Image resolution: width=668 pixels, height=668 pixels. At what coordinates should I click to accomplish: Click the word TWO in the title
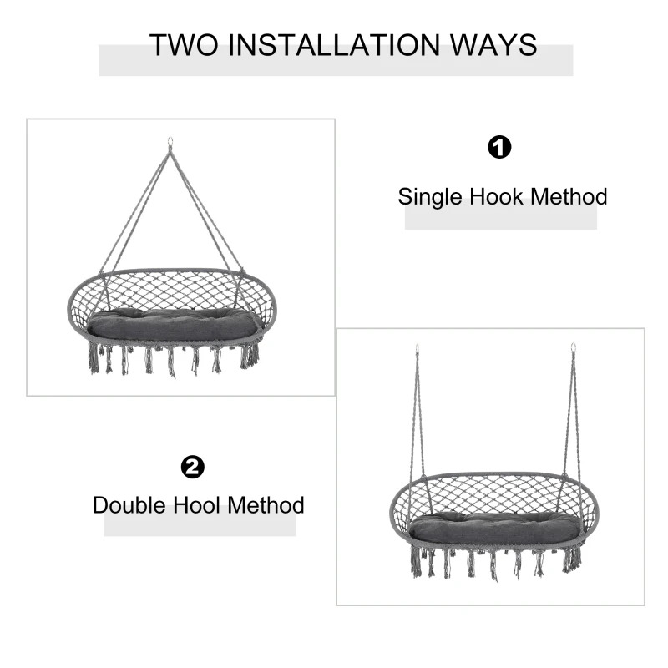[x=184, y=45]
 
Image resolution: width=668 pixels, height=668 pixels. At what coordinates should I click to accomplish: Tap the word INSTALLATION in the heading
[x=334, y=45]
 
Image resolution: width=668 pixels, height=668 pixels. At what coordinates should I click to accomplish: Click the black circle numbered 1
[x=499, y=147]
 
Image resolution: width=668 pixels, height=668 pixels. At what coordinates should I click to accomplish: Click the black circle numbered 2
[x=193, y=467]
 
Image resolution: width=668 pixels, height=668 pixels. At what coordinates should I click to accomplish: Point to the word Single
[x=430, y=198]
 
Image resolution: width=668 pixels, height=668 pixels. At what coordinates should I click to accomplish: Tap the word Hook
[x=496, y=196]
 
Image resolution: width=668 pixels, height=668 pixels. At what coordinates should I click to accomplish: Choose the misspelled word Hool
[x=196, y=505]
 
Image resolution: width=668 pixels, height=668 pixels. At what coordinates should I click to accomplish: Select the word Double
[x=129, y=505]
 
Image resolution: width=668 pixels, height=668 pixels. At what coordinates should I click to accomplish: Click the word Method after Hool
[x=266, y=505]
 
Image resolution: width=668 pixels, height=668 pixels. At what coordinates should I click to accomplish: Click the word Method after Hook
[x=569, y=196]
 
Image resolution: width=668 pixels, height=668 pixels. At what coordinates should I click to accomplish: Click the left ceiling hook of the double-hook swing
[x=417, y=349]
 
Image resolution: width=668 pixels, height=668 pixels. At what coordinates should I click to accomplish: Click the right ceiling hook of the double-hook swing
[x=574, y=348]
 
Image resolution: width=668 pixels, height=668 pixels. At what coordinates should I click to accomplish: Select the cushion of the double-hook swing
[x=495, y=529]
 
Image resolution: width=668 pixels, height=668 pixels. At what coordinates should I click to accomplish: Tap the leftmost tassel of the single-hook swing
[x=94, y=358]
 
